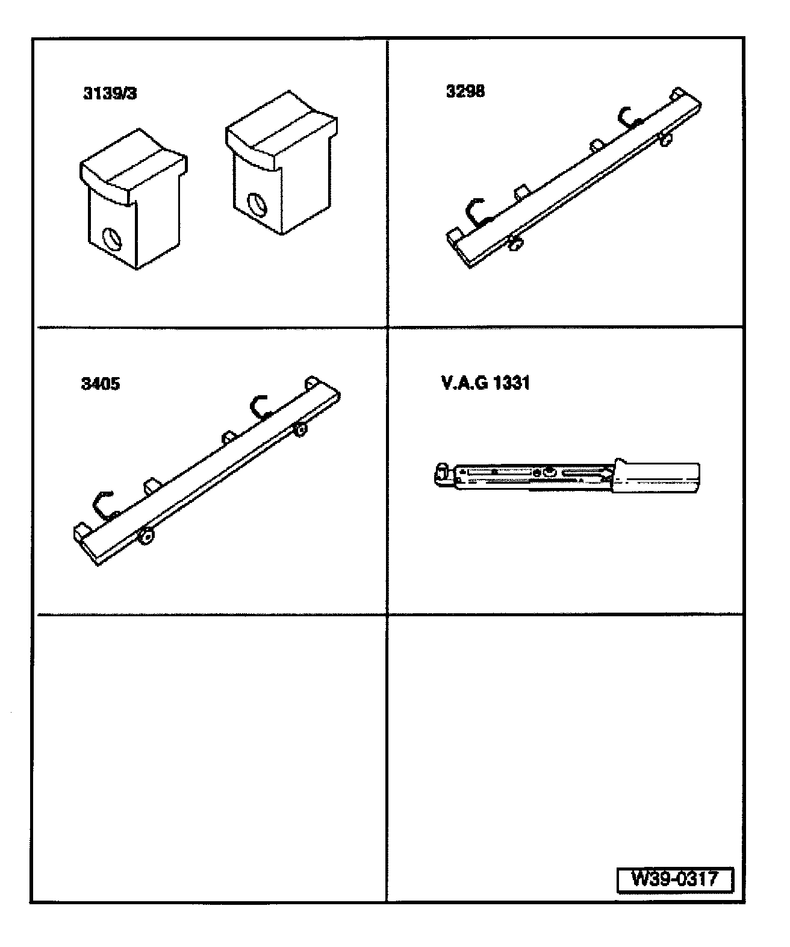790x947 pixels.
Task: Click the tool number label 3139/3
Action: pos(110,93)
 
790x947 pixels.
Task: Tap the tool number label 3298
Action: pos(465,91)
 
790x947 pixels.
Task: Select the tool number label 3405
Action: pos(101,384)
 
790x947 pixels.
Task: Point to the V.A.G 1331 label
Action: pos(485,383)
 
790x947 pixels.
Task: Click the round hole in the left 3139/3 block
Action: pos(112,239)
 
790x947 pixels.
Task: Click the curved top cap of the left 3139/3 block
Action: pos(134,166)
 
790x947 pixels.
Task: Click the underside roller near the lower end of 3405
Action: pos(146,537)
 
